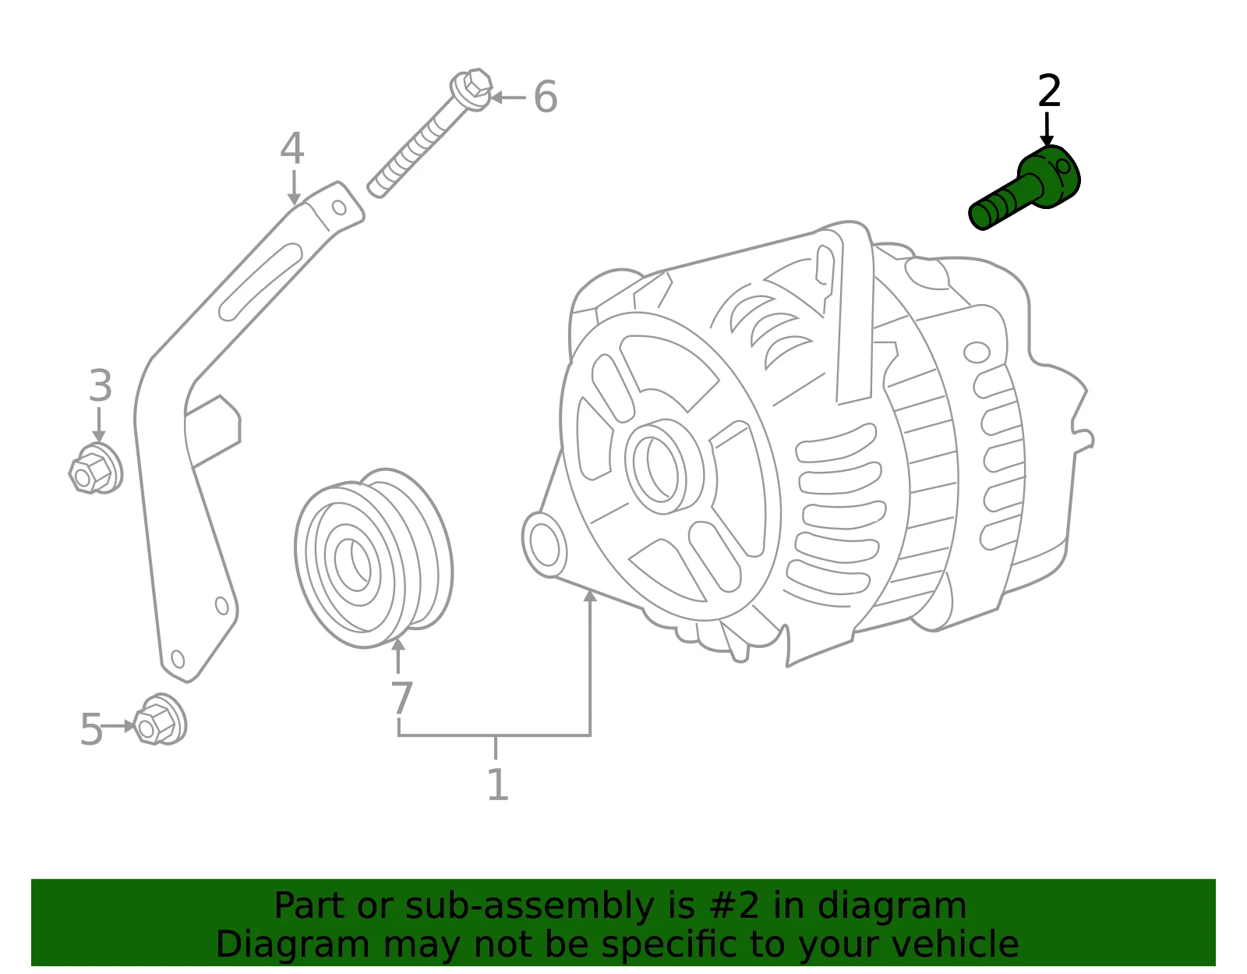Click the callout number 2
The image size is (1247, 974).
coord(1049,91)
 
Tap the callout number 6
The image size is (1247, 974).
coord(545,97)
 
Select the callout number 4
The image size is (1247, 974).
coord(292,148)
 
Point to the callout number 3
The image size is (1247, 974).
coord(101,385)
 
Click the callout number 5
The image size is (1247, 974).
coord(91,729)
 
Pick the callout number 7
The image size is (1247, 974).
coord(401,697)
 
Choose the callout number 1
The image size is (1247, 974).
coord(497,785)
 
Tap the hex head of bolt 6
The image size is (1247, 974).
coord(472,89)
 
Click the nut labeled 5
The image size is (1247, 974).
coord(160,720)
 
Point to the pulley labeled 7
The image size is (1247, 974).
coord(373,558)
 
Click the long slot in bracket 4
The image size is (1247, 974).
coord(260,282)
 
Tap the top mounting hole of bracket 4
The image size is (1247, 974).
coord(339,207)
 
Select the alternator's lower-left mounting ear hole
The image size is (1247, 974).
coord(544,544)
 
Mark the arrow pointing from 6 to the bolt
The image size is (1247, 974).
coord(508,97)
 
